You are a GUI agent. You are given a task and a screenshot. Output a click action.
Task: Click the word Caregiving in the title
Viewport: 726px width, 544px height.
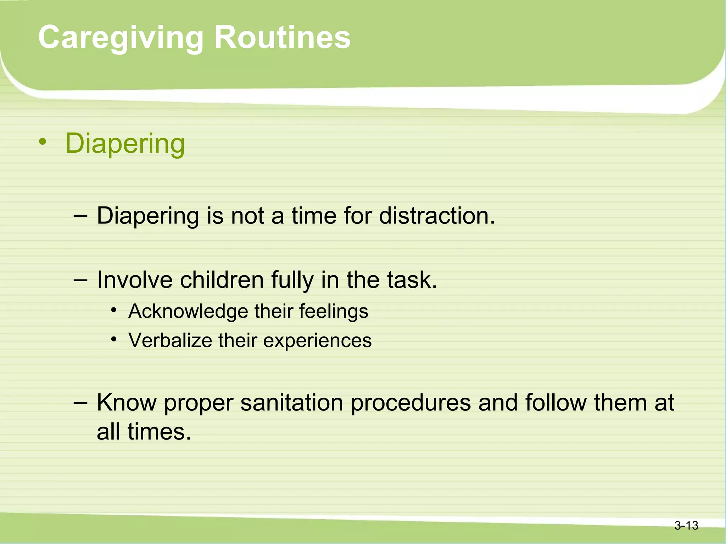(x=121, y=38)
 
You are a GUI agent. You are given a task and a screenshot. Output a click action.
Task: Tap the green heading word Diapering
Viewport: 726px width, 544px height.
(x=125, y=143)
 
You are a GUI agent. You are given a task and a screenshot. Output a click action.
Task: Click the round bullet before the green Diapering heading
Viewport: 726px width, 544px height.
(x=43, y=142)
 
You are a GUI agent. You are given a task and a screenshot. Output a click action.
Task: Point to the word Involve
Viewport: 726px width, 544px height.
(x=135, y=280)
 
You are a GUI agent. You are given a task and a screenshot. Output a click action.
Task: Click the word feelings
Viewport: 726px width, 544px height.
(x=334, y=311)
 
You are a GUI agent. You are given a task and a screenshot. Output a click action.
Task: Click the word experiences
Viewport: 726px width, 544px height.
(x=317, y=341)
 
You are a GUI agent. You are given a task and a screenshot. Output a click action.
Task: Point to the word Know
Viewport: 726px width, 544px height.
(x=127, y=403)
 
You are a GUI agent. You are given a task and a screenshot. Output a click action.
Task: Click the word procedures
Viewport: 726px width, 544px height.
(x=411, y=403)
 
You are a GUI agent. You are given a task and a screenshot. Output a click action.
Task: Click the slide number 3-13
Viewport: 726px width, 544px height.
(x=686, y=525)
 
